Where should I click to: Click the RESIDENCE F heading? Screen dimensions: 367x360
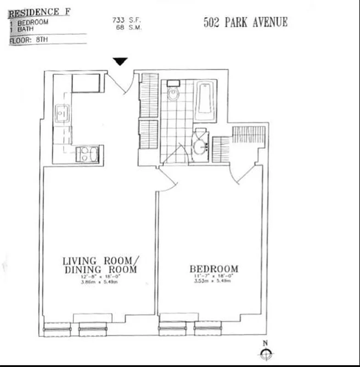click(39, 11)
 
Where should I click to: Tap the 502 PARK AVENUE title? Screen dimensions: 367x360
click(246, 22)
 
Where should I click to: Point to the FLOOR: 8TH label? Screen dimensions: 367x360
click(29, 40)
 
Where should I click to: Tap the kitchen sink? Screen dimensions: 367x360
click(62, 113)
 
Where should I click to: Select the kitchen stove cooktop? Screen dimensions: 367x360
click(87, 154)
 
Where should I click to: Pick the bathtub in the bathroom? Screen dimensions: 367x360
click(205, 101)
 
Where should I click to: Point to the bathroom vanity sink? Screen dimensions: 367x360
click(201, 146)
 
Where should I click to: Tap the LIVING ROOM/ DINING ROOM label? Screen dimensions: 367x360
click(100, 265)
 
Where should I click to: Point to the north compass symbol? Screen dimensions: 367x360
click(265, 353)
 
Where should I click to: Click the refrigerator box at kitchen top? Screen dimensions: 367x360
click(86, 83)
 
